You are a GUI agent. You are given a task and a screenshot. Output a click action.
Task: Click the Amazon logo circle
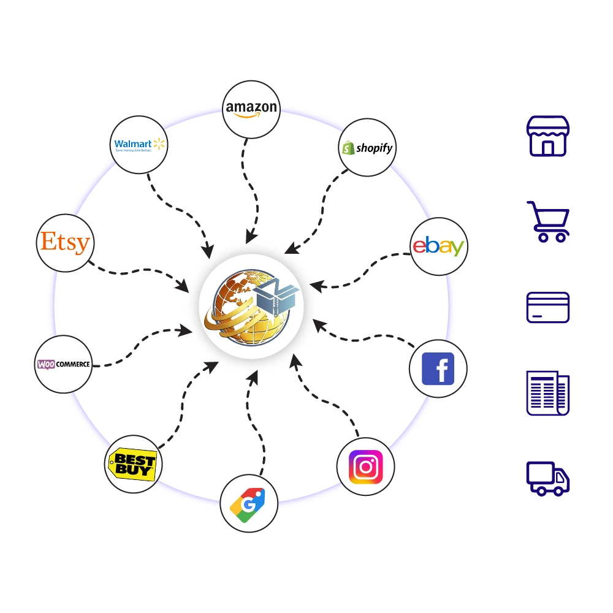[x=251, y=109]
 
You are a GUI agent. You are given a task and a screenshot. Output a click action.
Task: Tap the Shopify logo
[x=367, y=148]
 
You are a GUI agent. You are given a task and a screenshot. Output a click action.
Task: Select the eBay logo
[x=438, y=246]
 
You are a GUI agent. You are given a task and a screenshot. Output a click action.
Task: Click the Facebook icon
[x=438, y=369]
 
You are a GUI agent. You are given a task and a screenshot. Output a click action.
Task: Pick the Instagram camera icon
[x=366, y=467]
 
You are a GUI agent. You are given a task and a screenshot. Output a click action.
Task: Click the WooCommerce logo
[x=63, y=364]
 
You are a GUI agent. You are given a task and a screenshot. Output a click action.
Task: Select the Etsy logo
[x=65, y=243]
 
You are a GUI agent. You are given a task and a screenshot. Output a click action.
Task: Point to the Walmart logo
[x=140, y=145]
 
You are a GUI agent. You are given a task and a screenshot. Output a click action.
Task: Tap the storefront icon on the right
[x=549, y=135]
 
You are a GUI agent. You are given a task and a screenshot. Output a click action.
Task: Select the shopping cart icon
[x=549, y=221]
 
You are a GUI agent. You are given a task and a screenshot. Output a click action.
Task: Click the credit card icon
[x=549, y=306]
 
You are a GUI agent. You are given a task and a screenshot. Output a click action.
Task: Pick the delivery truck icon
[x=549, y=479]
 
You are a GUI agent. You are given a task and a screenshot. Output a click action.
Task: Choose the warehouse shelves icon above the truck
[x=549, y=392]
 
